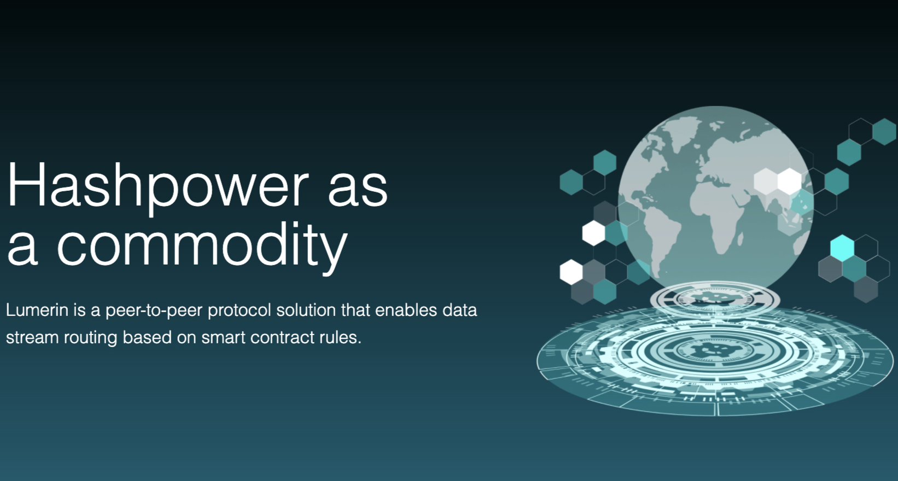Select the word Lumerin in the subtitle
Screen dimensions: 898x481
37,310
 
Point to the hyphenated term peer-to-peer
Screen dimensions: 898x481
154,311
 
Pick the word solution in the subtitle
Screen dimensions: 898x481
306,310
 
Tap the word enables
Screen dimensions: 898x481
406,310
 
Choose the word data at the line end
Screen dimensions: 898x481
459,310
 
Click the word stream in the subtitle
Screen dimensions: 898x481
32,337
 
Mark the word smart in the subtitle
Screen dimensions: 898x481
223,337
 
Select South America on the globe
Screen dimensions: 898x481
660,241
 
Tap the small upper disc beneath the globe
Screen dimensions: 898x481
715,299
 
